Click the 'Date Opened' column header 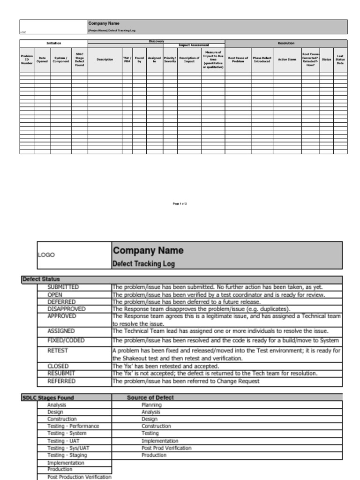tap(42, 60)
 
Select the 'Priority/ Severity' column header tap(170, 60)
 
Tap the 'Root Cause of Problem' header tap(238, 60)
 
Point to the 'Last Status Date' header tap(340, 60)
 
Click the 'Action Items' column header tap(287, 60)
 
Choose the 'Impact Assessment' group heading tap(194, 45)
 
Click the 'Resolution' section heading tap(286, 43)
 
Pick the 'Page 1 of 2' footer tap(180, 204)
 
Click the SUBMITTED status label tap(63, 287)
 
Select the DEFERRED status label tap(61, 302)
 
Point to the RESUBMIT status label tap(61, 374)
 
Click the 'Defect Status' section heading tap(41, 279)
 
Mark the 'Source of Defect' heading tap(150, 397)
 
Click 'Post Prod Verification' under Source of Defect tap(166, 448)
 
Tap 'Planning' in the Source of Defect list tap(151, 405)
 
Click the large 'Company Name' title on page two tap(148, 251)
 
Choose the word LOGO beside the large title tap(46, 255)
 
